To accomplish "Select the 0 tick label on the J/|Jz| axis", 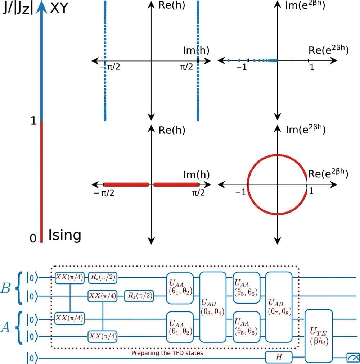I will pos(33,238).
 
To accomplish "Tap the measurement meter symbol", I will pos(351,358).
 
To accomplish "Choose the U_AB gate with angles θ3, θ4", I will pos(213,307).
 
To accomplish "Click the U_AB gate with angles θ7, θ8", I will pos(279,307).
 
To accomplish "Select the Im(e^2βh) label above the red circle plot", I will pos(306,130).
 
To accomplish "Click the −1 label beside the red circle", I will pos(240,192).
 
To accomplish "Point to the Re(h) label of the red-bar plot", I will pos(172,130).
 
